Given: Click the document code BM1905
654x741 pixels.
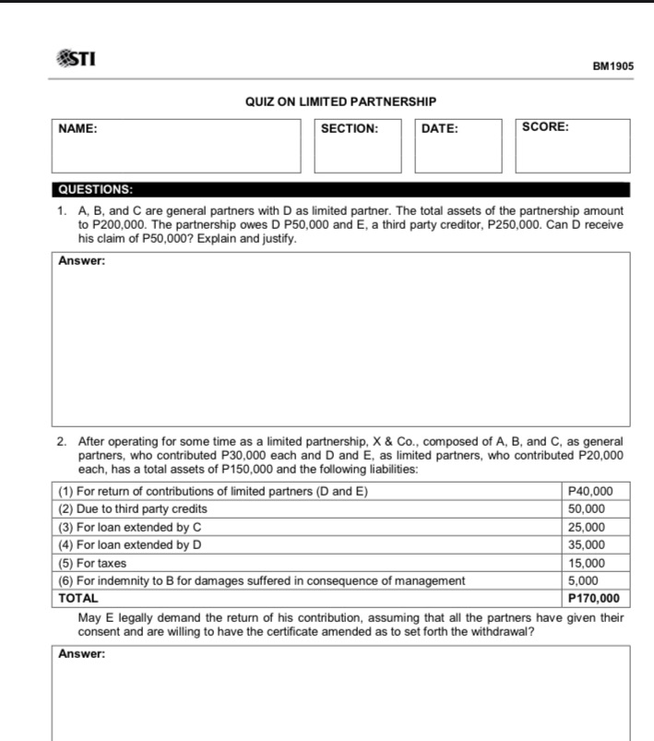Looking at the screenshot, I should (x=612, y=67).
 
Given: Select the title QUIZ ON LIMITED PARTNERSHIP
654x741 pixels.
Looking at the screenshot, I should (x=340, y=102).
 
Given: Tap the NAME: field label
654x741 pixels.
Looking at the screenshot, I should (x=78, y=129).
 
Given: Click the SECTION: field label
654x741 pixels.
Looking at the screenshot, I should (x=349, y=129).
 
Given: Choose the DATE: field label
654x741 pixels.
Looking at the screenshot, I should (x=439, y=129).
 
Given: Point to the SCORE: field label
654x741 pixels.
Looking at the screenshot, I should (x=545, y=127).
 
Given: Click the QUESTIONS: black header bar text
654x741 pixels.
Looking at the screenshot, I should (x=95, y=189).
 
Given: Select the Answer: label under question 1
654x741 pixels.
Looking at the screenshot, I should (x=82, y=261).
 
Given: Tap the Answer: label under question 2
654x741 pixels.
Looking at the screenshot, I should (x=82, y=654).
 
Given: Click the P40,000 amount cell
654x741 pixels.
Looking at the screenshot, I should (x=592, y=491).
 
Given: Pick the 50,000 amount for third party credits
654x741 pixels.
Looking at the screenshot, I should (x=586, y=508).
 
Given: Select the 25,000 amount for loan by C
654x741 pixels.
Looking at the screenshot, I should (x=586, y=527).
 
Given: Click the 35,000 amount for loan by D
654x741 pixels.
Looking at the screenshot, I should (x=586, y=544).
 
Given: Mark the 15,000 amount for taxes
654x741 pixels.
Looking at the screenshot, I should (x=586, y=563).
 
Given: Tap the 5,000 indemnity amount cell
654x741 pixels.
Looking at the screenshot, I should (x=583, y=580).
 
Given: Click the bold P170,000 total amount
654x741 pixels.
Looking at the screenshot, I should (x=593, y=598).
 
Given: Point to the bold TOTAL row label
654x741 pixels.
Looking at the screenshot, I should (x=78, y=598).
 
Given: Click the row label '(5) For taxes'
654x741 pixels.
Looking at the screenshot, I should (x=92, y=563).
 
